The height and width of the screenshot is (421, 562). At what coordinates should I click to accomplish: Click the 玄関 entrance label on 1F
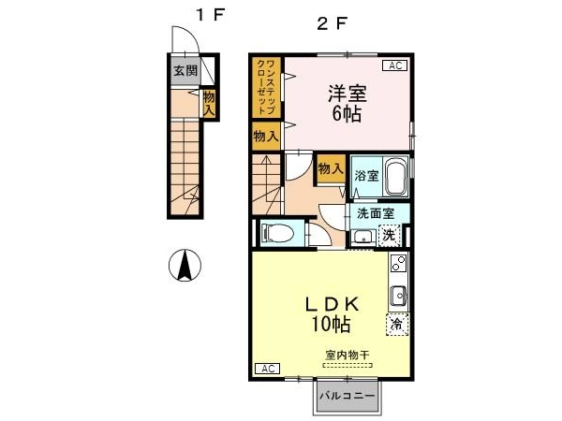pyautogui.click(x=185, y=71)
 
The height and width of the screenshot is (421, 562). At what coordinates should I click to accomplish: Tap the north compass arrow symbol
pyautogui.click(x=185, y=266)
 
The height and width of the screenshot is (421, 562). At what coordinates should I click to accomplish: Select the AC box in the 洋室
pyautogui.click(x=395, y=65)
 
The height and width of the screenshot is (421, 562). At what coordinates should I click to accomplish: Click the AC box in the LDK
pyautogui.click(x=267, y=369)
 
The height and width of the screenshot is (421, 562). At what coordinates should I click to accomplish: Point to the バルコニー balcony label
pyautogui.click(x=348, y=396)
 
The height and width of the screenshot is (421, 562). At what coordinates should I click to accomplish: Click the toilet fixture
pyautogui.click(x=277, y=233)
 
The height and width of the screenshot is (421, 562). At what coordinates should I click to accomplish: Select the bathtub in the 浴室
pyautogui.click(x=395, y=177)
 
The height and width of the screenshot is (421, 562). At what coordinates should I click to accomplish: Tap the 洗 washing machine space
pyautogui.click(x=390, y=235)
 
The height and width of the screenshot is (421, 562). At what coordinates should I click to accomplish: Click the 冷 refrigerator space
pyautogui.click(x=397, y=325)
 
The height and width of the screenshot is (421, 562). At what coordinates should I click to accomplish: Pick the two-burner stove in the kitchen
pyautogui.click(x=399, y=263)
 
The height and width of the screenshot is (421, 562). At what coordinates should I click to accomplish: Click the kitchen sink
pyautogui.click(x=398, y=296)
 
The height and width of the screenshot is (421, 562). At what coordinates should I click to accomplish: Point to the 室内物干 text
pyautogui.click(x=347, y=356)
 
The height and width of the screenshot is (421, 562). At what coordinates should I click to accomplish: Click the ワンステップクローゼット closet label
pyautogui.click(x=266, y=87)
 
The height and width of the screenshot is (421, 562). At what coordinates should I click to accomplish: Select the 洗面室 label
pyautogui.click(x=376, y=213)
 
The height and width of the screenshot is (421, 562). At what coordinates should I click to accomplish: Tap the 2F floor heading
pyautogui.click(x=333, y=23)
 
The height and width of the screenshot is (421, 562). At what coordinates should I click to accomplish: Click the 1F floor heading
pyautogui.click(x=210, y=15)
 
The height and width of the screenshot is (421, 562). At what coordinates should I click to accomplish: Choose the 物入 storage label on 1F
pyautogui.click(x=209, y=103)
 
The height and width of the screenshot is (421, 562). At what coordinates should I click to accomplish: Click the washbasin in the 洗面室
pyautogui.click(x=363, y=237)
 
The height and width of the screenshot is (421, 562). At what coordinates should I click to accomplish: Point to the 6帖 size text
pyautogui.click(x=347, y=114)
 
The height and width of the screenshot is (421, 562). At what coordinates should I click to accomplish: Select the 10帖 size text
pyautogui.click(x=331, y=325)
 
